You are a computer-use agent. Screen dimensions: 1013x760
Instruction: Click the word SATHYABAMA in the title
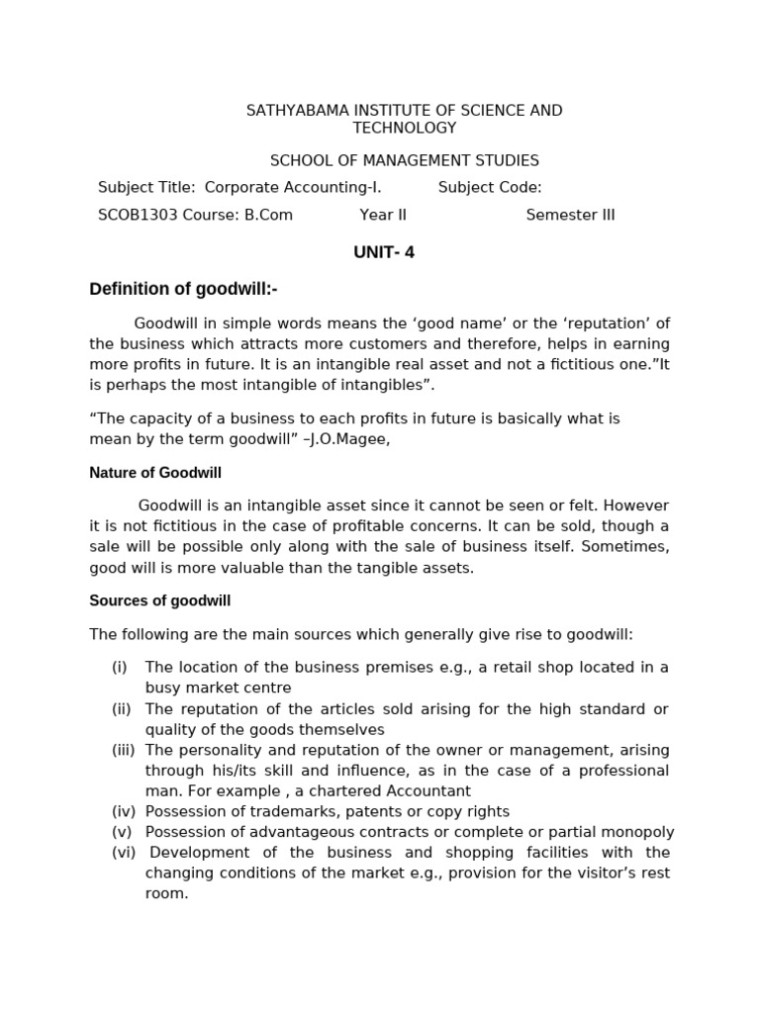click(292, 111)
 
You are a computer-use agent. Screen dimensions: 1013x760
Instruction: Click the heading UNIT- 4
click(384, 252)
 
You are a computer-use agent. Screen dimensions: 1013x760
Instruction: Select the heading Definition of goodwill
click(183, 289)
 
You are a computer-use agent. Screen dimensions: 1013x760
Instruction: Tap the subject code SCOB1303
click(137, 215)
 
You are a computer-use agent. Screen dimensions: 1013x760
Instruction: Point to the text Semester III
click(570, 215)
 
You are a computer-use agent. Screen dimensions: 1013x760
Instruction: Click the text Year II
click(383, 215)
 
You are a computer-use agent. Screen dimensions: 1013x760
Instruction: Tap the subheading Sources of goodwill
click(159, 600)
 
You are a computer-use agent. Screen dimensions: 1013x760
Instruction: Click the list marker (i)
click(120, 667)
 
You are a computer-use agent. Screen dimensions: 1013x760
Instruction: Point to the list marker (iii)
click(124, 750)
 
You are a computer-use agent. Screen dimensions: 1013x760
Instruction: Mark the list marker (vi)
click(124, 852)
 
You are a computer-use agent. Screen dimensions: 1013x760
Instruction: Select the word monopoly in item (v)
click(636, 832)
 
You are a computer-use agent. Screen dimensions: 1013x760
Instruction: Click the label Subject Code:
click(490, 188)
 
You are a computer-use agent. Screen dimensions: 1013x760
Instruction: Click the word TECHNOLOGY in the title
click(405, 128)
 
